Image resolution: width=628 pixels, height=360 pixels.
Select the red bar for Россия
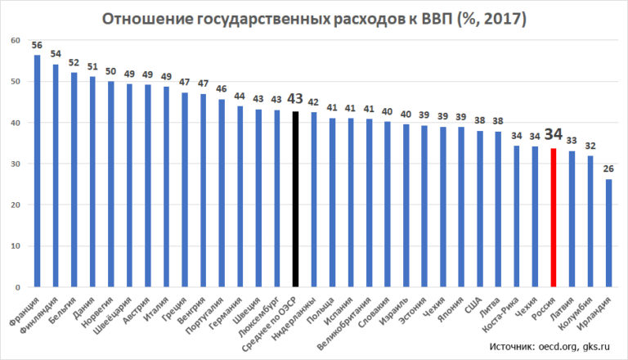pos(554,218)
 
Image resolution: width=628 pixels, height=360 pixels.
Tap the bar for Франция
pos(37,171)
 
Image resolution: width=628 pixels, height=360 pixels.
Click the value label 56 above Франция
pos(37,45)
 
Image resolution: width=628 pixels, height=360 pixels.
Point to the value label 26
pos(608,169)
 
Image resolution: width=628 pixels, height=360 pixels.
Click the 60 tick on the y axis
pos(16,40)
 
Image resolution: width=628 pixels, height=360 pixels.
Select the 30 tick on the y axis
pos(16,164)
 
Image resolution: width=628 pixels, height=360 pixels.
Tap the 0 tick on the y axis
pos(19,288)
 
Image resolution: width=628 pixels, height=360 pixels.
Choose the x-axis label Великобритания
pos(353,322)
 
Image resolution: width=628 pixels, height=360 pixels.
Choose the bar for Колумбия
pos(590,222)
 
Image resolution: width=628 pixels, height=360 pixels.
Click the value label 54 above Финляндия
pos(56,54)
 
